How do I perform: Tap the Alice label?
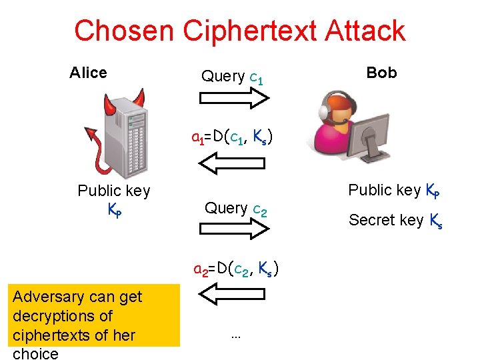[x=88, y=73]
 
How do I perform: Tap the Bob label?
[x=381, y=73]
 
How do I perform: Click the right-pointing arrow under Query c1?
[x=234, y=99]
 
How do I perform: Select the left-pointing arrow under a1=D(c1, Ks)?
[x=234, y=161]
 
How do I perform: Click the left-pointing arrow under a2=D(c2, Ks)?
[x=234, y=294]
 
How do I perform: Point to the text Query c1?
[x=233, y=77]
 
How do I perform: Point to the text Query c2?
[x=235, y=209]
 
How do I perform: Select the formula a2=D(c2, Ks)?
[x=235, y=269]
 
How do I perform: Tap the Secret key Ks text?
[x=395, y=220]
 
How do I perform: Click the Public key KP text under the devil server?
[x=114, y=199]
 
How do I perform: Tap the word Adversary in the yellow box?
[x=44, y=297]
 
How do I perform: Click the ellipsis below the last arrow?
[x=235, y=336]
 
